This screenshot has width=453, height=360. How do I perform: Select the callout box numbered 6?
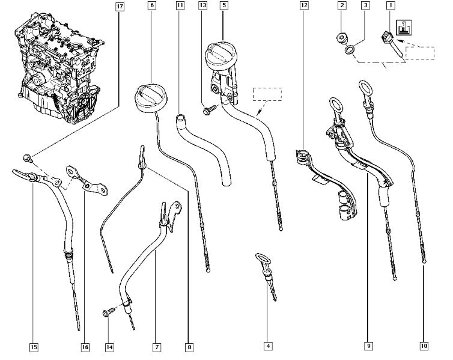coord(151,7)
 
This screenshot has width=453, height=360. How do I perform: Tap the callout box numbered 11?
coord(180,7)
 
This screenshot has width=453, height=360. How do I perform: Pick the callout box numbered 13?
coord(202,7)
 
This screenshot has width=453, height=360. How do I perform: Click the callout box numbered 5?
coord(223,7)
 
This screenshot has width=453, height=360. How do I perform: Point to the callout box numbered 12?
coord(303,7)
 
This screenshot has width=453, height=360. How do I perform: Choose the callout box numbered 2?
coord(342,7)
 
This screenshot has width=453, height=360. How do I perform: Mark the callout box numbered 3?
coord(365,7)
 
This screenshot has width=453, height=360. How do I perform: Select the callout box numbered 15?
coord(33,347)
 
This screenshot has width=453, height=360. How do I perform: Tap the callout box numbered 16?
coord(85,347)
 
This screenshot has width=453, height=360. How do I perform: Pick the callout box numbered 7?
coord(156,347)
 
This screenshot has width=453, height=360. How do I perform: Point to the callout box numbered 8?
coord(189,347)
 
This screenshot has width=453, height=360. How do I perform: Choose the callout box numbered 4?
coord(267,347)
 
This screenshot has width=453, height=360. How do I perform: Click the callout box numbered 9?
coord(366,347)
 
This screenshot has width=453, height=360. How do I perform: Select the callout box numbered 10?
coord(424,347)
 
